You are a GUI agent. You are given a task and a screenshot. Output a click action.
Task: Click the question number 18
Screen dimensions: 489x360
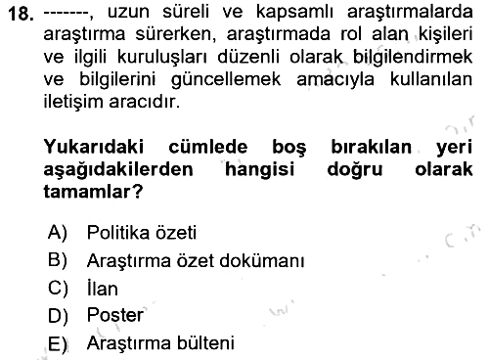[22, 14]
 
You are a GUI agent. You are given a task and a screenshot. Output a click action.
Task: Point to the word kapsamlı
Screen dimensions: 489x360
[294, 13]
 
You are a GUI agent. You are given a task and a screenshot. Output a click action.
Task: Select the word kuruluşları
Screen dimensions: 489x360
[161, 57]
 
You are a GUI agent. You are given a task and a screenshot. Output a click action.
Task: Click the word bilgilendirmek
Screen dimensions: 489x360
[413, 57]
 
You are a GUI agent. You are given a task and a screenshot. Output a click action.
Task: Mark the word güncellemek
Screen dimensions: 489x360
[226, 79]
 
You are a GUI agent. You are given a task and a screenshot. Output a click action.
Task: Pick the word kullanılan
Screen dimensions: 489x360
[431, 78]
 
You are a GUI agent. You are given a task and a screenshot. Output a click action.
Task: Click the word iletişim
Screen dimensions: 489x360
[73, 102]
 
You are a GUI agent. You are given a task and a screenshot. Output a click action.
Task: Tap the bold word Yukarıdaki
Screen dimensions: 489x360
[94, 147]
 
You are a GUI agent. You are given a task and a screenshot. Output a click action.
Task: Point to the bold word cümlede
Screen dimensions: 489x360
[208, 147]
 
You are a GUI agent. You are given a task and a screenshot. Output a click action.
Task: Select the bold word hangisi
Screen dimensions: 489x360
[260, 169]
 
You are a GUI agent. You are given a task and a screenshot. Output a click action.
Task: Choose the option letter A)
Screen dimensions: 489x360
[58, 233]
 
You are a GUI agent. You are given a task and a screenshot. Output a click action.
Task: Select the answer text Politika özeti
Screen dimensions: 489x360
[142, 233]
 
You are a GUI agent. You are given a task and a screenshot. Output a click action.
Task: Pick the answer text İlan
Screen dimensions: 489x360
[103, 288]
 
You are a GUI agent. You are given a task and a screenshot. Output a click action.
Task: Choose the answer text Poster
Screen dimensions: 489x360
[115, 315]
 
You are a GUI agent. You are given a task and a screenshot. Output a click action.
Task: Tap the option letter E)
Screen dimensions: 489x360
[58, 343]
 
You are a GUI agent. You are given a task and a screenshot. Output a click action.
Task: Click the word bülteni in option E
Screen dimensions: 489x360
[205, 343]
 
